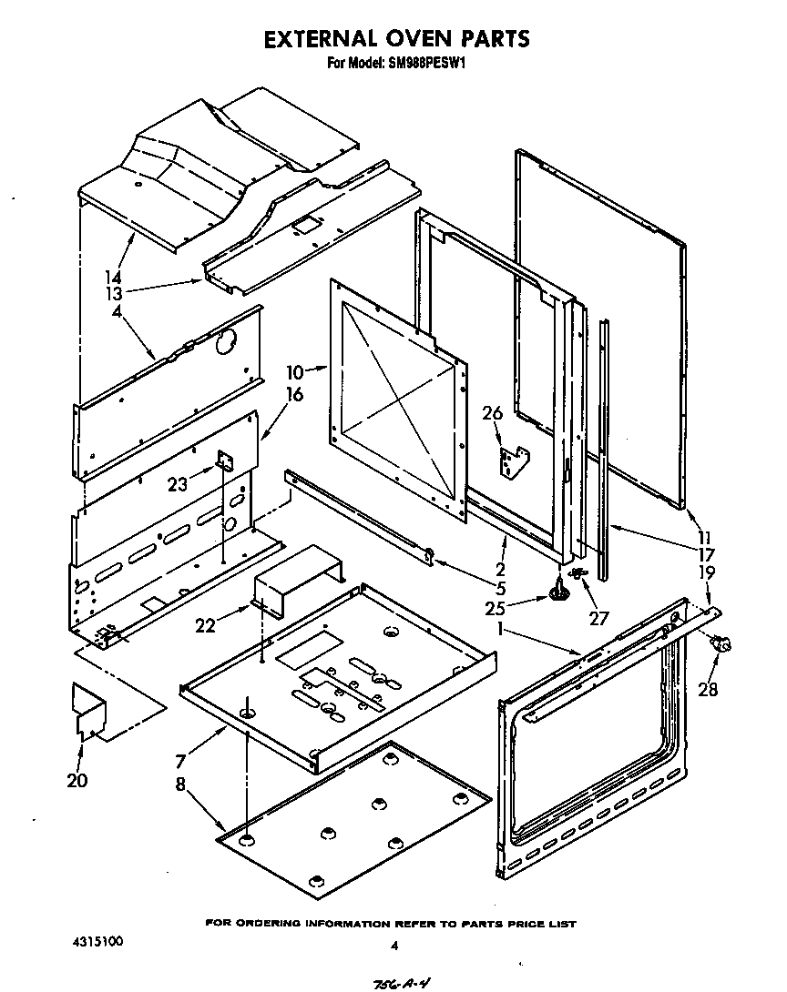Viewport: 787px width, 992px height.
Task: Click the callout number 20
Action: (x=77, y=780)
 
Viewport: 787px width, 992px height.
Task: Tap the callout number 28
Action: (x=708, y=689)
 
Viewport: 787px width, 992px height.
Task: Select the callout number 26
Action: (x=492, y=414)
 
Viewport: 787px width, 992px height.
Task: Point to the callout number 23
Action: (x=178, y=484)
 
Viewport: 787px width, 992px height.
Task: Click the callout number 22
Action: (x=206, y=624)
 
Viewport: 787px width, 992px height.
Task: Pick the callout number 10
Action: (x=294, y=371)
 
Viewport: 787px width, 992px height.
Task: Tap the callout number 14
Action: (x=113, y=276)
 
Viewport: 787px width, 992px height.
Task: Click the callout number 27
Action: (x=598, y=618)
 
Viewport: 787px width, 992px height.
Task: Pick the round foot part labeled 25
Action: (x=559, y=594)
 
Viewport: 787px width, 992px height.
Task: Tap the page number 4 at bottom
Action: (x=393, y=946)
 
